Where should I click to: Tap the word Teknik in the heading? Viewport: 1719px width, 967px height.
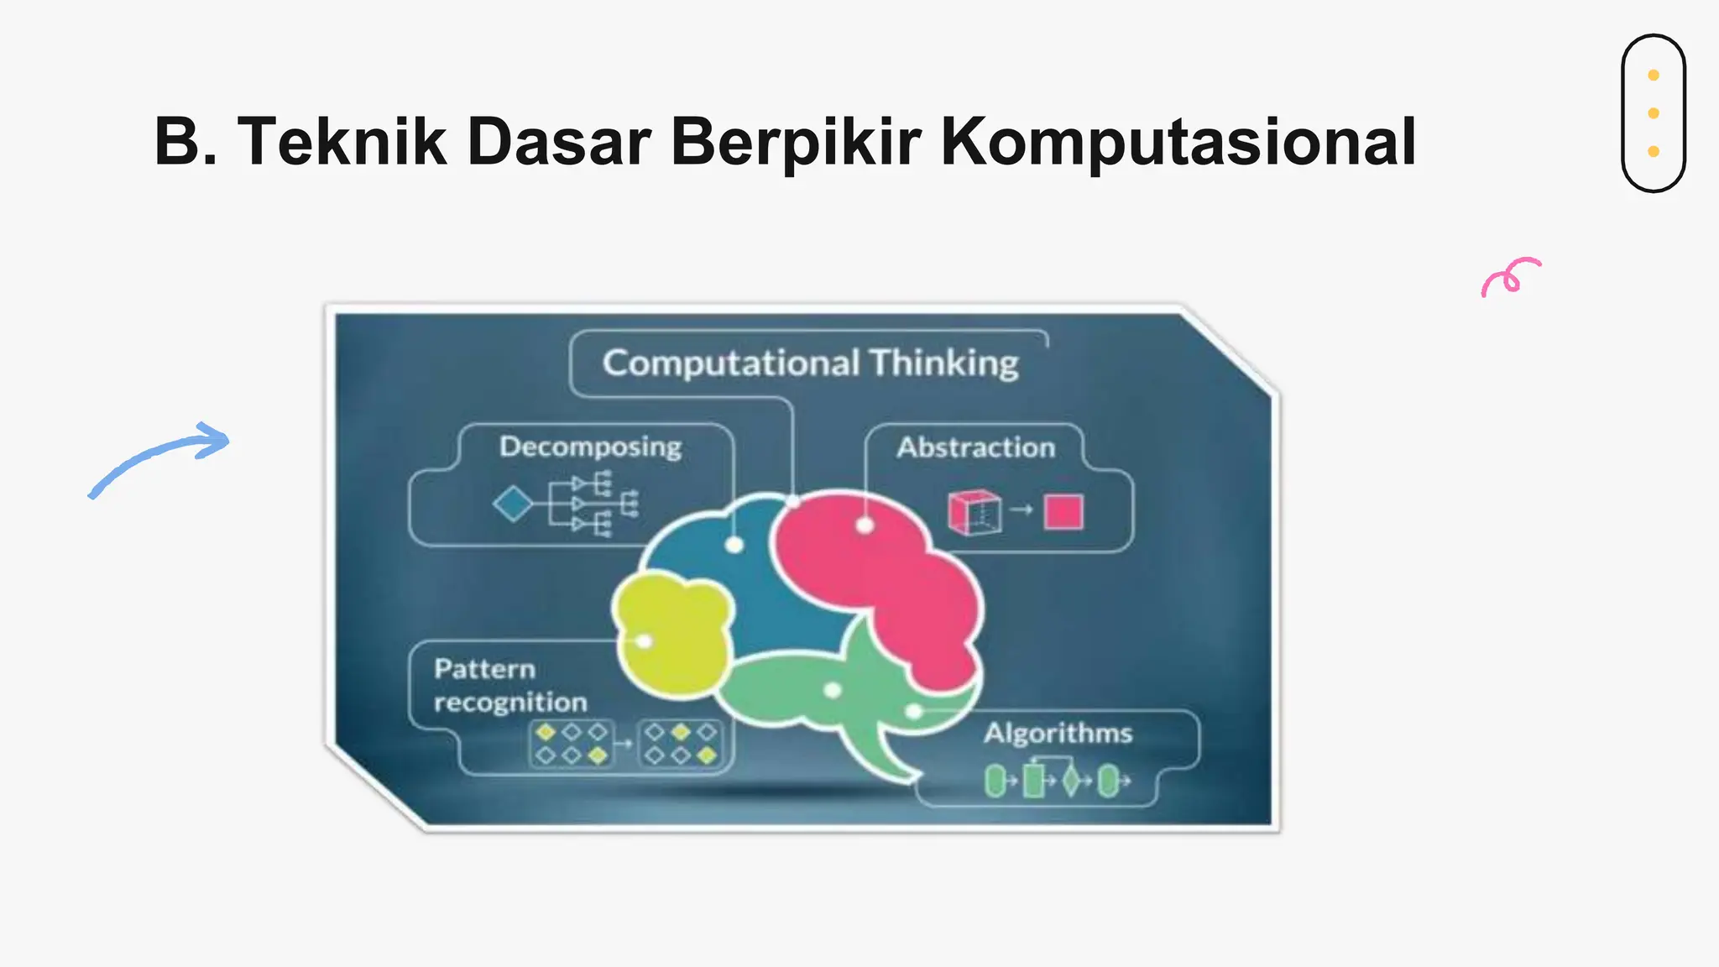[x=342, y=141]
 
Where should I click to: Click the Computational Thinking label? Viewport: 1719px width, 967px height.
[x=810, y=363]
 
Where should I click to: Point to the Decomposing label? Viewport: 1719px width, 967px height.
[x=590, y=447]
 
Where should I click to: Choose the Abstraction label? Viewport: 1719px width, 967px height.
[x=975, y=447]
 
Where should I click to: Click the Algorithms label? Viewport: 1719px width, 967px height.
[x=1058, y=733]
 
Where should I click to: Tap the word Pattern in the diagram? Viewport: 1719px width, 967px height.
[x=484, y=669]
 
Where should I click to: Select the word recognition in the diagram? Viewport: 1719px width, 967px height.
[x=510, y=702]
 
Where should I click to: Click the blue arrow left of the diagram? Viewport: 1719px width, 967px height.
[x=159, y=458]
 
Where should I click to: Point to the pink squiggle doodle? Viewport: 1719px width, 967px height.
[x=1510, y=276]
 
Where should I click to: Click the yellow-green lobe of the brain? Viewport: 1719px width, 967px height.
[x=671, y=634]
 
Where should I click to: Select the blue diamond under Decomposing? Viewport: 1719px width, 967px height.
[x=513, y=504]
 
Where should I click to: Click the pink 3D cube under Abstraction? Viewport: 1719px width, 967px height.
[x=974, y=512]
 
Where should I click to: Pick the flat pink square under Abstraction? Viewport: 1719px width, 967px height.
[x=1063, y=512]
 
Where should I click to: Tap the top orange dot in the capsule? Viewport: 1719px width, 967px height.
[x=1654, y=76]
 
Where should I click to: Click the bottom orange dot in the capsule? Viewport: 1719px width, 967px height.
[x=1654, y=151]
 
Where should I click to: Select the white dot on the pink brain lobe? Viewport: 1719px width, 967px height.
[x=865, y=526]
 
